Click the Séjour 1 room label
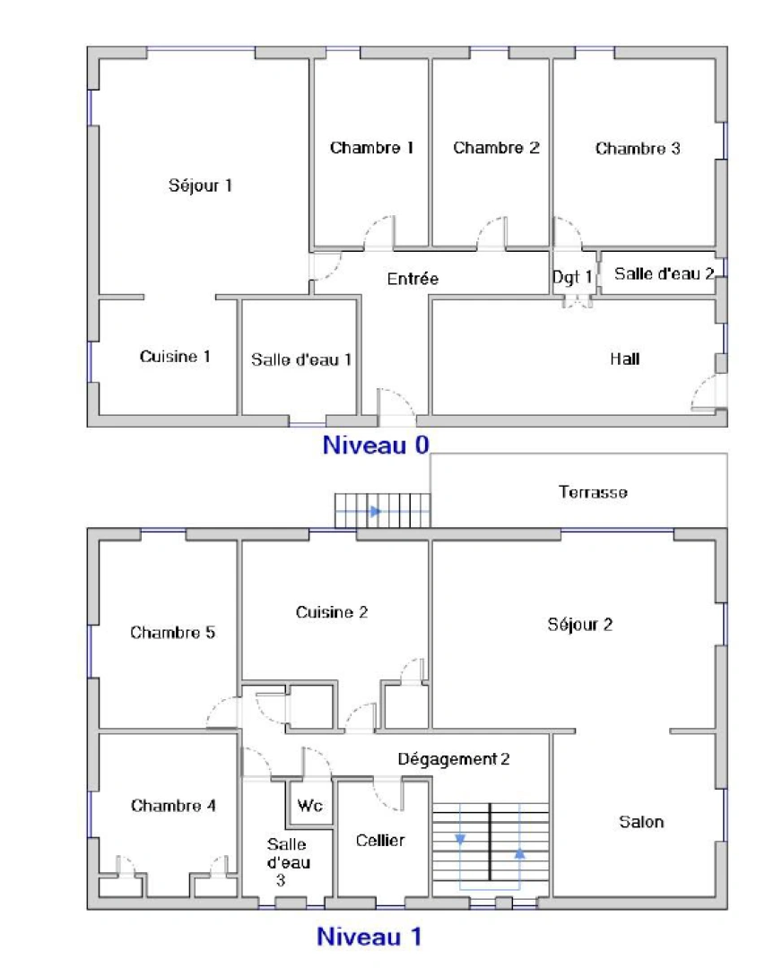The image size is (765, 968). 201,186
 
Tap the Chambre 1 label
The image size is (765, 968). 371,148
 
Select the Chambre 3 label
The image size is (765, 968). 638,149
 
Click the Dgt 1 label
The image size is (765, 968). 572,278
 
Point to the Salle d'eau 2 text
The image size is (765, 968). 664,274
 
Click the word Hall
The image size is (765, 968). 625,359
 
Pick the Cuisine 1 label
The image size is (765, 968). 175,357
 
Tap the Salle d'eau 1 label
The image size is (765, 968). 301,359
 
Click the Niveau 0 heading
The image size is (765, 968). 376,445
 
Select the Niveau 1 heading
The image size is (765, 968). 369,938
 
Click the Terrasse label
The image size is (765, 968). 593,492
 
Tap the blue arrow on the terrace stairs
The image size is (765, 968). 375,511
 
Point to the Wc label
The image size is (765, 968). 309,806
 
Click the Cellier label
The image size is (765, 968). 380,840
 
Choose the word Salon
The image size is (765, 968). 641,821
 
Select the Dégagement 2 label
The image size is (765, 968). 454,759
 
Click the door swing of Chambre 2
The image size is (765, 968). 491,231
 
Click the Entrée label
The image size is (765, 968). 413,279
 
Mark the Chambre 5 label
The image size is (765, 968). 172,633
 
